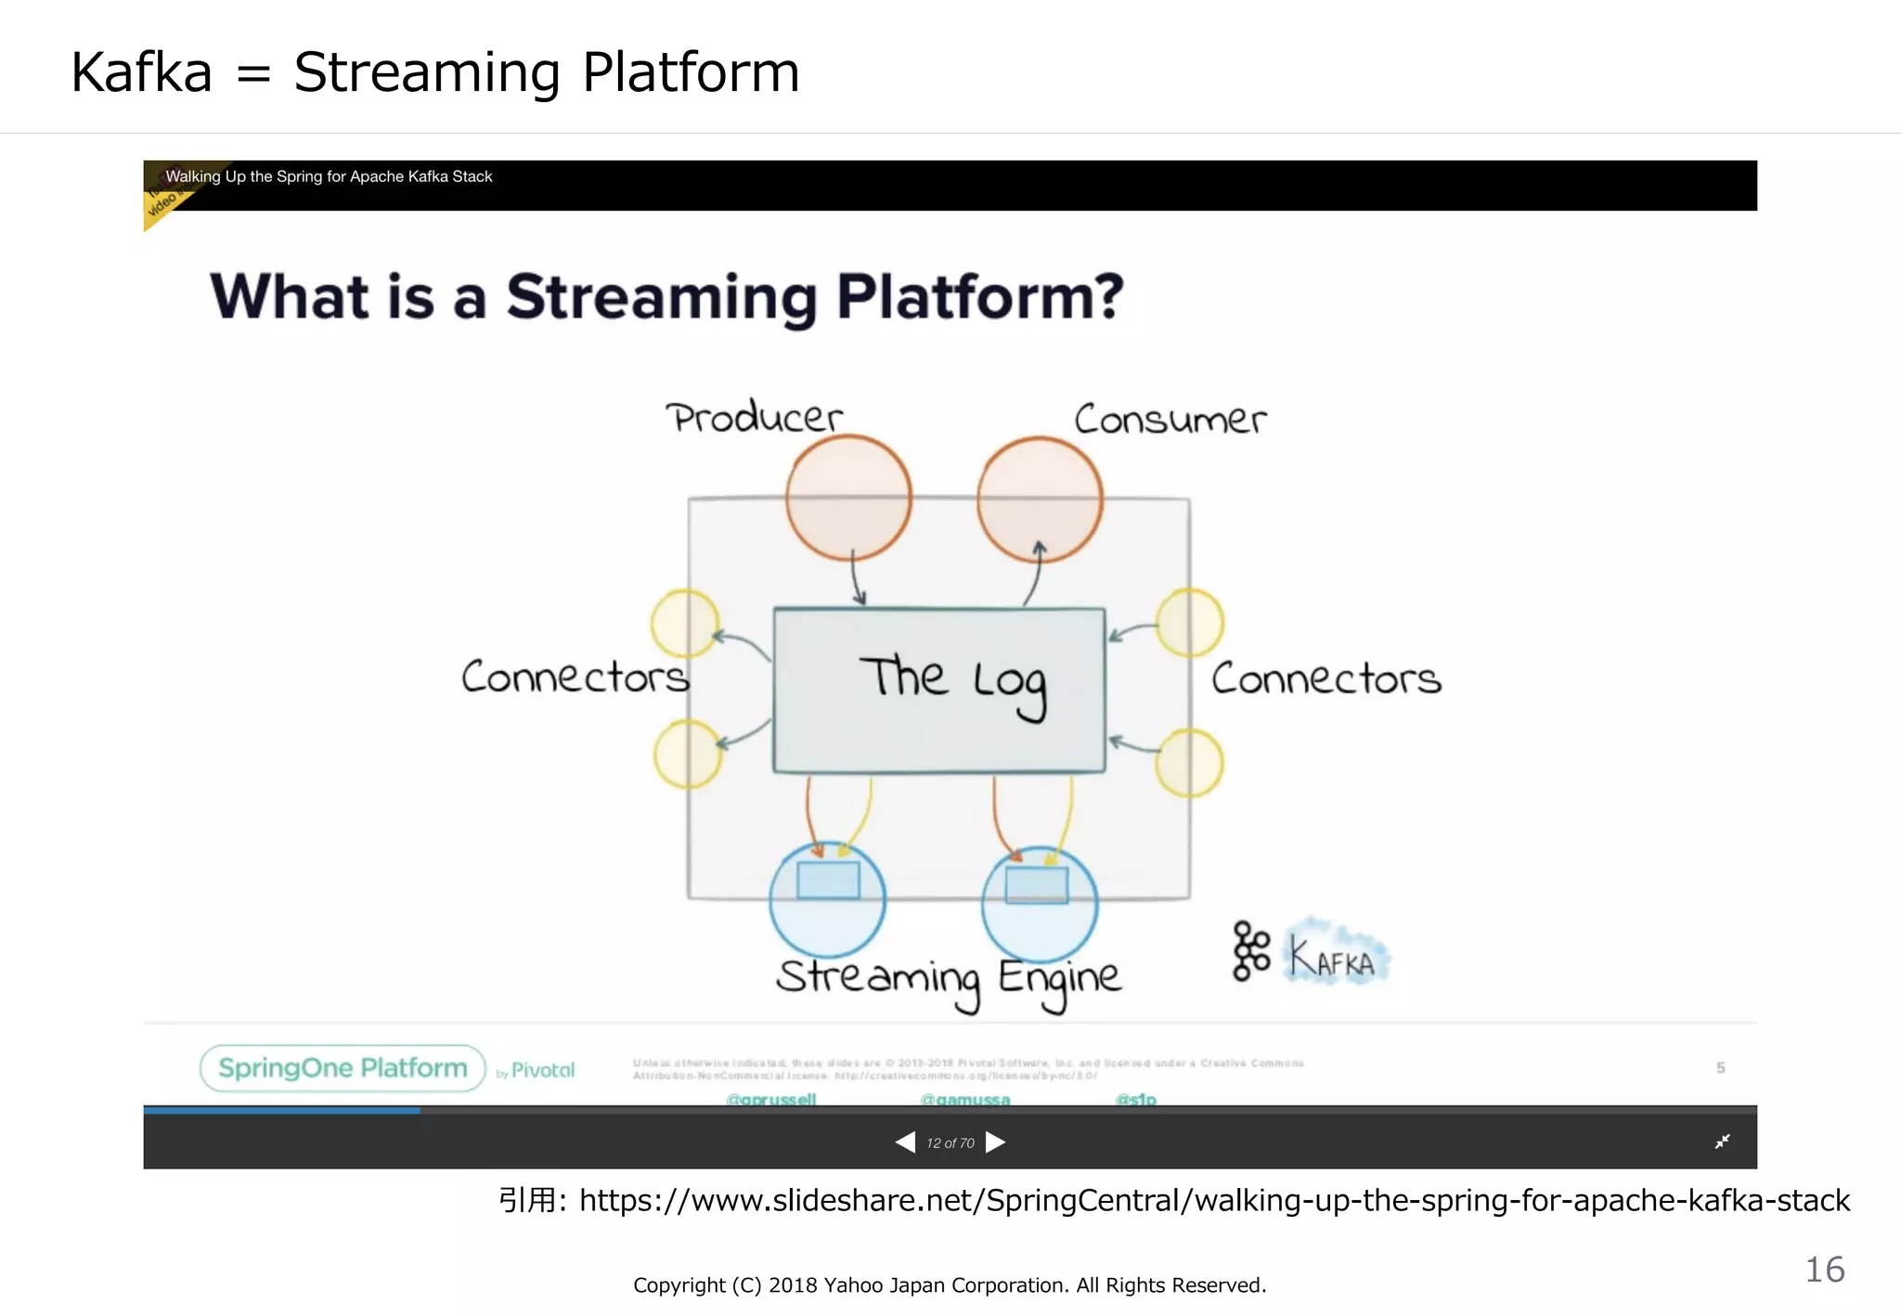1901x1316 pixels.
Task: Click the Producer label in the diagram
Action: tap(754, 418)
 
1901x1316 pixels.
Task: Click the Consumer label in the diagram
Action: tap(1170, 419)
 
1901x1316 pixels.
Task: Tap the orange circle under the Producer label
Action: tap(848, 498)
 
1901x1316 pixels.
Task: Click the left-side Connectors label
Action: tap(575, 677)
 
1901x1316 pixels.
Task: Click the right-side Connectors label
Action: tap(1326, 679)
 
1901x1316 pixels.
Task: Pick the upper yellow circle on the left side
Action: tap(685, 624)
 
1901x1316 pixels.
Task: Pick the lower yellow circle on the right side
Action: tap(1189, 763)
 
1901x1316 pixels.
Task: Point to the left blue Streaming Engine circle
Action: tap(827, 899)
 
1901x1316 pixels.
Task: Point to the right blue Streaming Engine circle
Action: tap(1039, 903)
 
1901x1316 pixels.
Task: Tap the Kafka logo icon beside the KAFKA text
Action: tap(1251, 951)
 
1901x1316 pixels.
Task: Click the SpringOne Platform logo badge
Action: tap(343, 1068)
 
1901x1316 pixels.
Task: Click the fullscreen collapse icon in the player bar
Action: tap(1722, 1142)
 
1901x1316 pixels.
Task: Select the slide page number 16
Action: tap(1824, 1270)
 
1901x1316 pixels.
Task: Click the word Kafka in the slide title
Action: tap(142, 72)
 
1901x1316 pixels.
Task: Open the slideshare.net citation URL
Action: tap(1214, 1200)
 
